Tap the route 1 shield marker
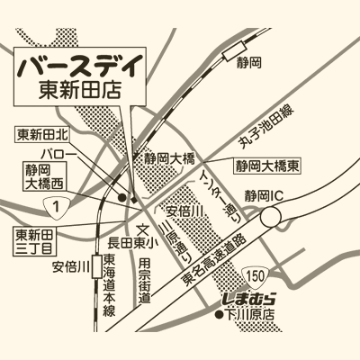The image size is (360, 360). [x=58, y=210]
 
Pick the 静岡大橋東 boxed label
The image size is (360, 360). [x=267, y=166]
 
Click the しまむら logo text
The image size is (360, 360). [x=246, y=298]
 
